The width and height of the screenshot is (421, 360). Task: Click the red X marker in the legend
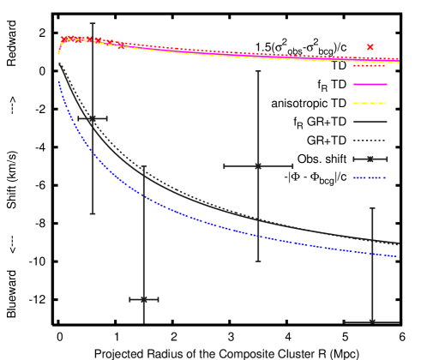(x=370, y=47)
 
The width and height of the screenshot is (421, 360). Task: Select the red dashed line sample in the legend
(x=370, y=65)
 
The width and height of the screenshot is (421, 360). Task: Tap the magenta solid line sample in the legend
(x=370, y=84)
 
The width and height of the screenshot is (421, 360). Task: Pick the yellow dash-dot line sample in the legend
(x=370, y=103)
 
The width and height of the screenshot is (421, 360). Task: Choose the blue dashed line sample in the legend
(x=370, y=178)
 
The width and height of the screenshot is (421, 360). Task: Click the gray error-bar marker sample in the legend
(x=370, y=159)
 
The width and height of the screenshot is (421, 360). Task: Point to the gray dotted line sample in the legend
(x=370, y=141)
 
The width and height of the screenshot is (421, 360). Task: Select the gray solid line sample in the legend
(x=370, y=122)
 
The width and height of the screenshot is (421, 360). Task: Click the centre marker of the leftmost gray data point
(x=93, y=118)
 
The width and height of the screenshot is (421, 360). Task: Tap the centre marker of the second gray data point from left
(x=143, y=299)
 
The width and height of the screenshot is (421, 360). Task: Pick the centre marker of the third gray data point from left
(x=258, y=165)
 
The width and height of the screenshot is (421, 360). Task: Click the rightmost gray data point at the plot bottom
(x=372, y=321)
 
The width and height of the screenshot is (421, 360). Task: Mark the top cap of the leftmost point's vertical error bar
(x=93, y=23)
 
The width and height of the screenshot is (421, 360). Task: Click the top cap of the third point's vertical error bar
(x=258, y=71)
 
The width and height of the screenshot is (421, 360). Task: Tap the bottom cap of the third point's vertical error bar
(x=258, y=261)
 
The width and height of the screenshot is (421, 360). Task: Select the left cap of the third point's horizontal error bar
(x=225, y=165)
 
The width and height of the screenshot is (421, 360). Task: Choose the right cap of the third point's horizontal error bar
(x=292, y=165)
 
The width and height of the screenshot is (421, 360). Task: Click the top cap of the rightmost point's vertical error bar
(x=372, y=208)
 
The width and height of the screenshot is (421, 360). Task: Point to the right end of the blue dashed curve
(x=399, y=256)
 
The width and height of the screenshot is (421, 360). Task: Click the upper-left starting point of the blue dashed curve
(x=58, y=81)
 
